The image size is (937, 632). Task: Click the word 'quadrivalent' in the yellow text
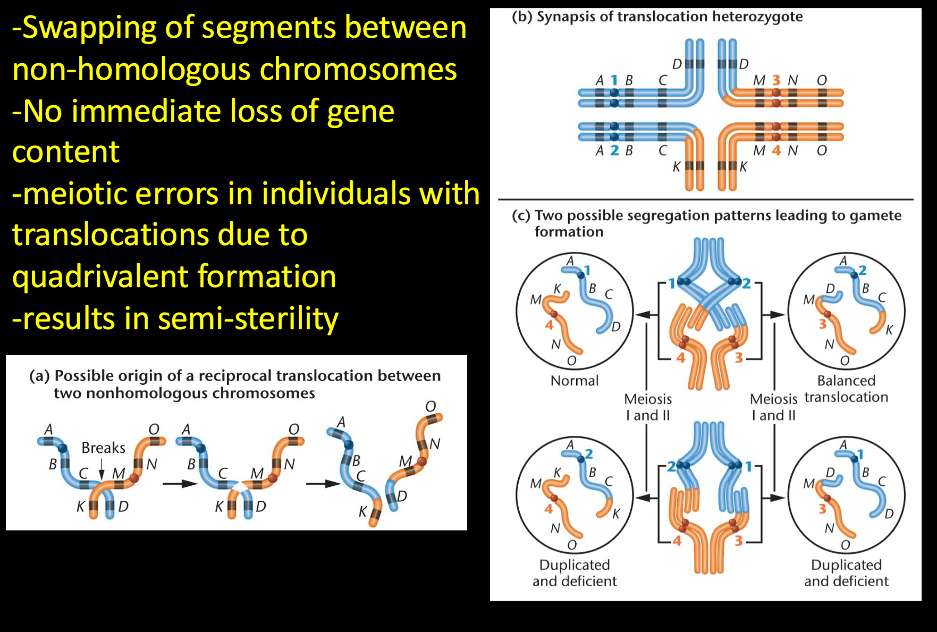100,277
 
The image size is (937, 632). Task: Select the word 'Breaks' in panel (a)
103,448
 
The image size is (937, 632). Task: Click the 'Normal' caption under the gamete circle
575,381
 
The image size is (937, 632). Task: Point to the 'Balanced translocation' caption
846,389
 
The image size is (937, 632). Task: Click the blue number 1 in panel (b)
614,80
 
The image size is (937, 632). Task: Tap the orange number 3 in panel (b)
776,80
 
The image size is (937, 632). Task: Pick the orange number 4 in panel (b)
776,150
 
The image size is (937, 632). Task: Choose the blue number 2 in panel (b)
614,150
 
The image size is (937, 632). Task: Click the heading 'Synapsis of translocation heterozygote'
669,17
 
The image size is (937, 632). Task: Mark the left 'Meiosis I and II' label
648,407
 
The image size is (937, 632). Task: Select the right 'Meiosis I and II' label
774,407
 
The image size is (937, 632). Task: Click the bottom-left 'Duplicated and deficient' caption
575,573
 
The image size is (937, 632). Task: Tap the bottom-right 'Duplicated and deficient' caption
846,573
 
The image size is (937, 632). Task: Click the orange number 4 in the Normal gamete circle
549,324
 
